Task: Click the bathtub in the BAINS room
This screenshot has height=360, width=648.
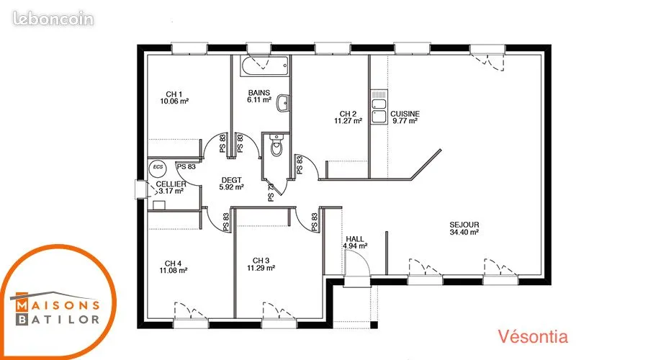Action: (x=264, y=66)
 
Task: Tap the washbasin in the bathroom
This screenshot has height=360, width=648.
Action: (x=283, y=104)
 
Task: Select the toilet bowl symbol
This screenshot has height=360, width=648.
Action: (x=276, y=145)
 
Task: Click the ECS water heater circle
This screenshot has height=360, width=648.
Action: (x=158, y=167)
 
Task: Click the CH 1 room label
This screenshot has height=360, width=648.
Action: (x=174, y=94)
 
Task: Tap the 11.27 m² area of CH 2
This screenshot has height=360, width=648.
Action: (x=348, y=121)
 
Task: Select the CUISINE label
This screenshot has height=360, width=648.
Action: (x=405, y=114)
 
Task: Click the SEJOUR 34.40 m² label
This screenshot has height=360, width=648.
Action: (x=464, y=228)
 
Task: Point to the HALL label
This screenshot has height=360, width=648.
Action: (x=355, y=239)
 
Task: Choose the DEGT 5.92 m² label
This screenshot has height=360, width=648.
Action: (x=231, y=184)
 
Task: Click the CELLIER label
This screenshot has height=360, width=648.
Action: (x=171, y=184)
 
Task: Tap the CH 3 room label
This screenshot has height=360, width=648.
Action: (x=261, y=261)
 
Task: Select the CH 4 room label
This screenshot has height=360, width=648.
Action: (x=173, y=264)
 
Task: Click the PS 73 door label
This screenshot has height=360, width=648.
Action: (x=271, y=193)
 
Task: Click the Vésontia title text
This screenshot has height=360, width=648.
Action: (x=533, y=336)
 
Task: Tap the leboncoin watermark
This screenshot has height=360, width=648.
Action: (x=53, y=19)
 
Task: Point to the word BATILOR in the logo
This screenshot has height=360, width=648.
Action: (x=58, y=319)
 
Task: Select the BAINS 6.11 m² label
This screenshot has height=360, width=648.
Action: (x=259, y=96)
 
